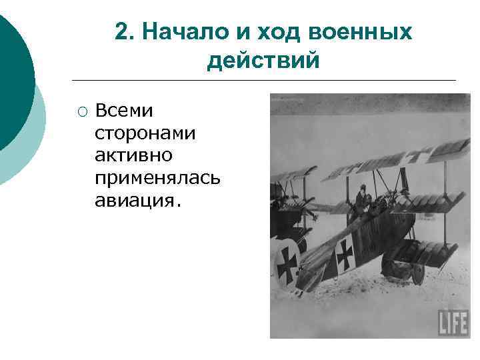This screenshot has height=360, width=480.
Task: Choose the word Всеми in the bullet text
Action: click(x=124, y=110)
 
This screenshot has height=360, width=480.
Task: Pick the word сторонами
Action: click(x=145, y=133)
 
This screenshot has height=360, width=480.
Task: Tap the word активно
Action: click(x=134, y=155)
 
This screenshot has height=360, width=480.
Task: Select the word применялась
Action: click(x=157, y=178)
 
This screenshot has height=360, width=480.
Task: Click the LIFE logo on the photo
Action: click(x=453, y=323)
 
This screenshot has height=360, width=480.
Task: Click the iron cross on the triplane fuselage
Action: click(x=345, y=253)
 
